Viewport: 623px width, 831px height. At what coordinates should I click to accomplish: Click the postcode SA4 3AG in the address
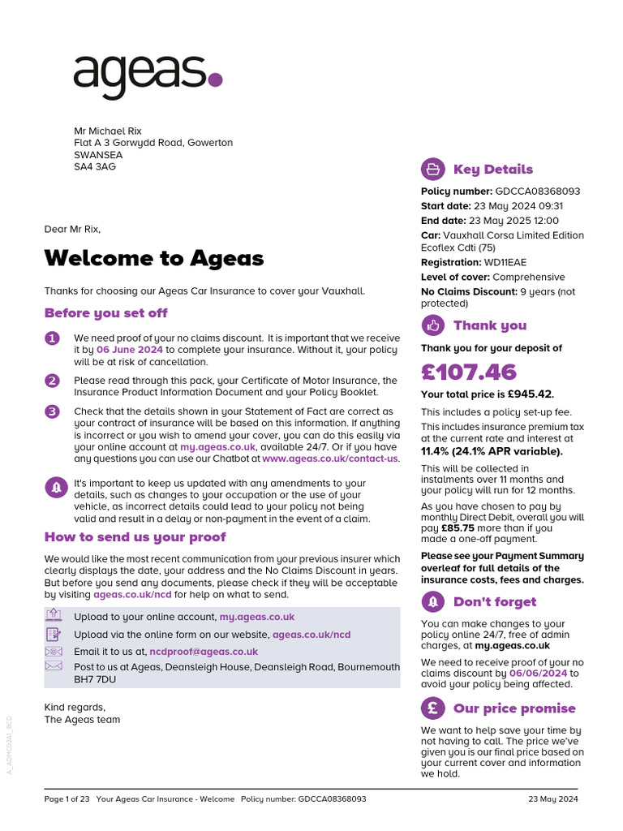click(95, 167)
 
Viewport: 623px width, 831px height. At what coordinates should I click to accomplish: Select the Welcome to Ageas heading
click(154, 258)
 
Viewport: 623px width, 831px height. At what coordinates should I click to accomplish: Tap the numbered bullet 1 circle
click(53, 338)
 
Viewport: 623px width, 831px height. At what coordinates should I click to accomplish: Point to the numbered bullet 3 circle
click(53, 411)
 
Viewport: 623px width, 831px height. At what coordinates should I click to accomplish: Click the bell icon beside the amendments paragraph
click(56, 487)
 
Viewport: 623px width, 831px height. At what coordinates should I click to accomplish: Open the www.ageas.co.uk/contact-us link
click(331, 459)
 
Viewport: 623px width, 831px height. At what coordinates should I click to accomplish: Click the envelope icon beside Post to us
click(54, 666)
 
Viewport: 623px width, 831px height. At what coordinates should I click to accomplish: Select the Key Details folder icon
click(432, 169)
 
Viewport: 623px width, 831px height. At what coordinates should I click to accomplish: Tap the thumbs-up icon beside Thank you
click(432, 325)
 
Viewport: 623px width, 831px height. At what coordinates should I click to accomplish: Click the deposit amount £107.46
click(469, 372)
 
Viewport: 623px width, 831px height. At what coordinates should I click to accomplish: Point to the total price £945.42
click(530, 395)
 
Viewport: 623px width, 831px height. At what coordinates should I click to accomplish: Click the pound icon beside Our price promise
click(432, 708)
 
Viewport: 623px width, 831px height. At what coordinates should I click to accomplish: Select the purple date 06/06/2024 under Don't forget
click(538, 674)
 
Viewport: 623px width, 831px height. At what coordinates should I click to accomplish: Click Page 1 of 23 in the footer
click(67, 799)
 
